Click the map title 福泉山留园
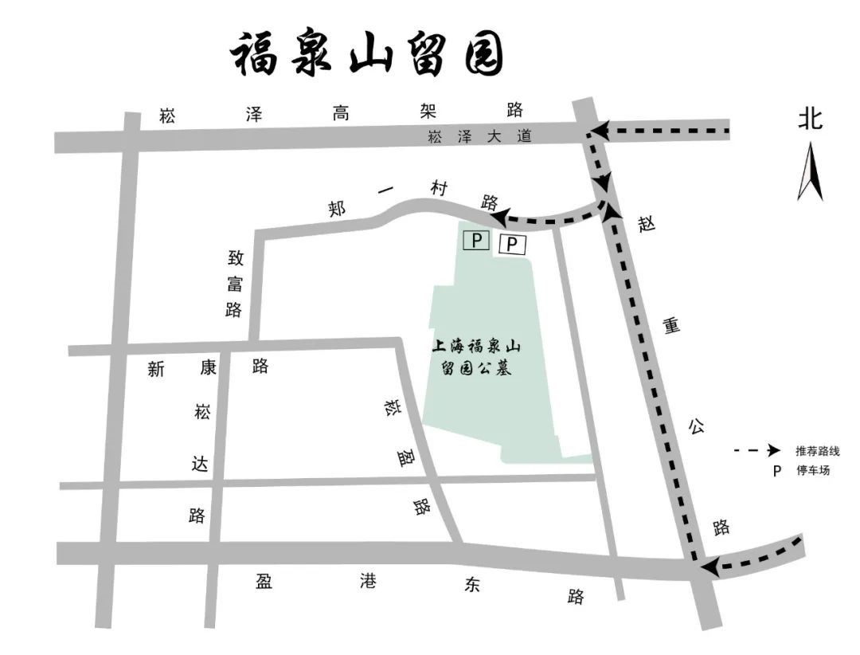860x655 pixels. (x=367, y=54)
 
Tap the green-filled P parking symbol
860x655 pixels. (x=475, y=240)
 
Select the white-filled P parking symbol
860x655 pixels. (x=512, y=244)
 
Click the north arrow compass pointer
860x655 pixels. (x=810, y=171)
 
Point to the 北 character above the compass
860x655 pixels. (x=811, y=120)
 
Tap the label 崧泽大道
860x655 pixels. (x=479, y=136)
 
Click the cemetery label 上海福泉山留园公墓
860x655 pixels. (x=475, y=358)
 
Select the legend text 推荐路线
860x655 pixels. (x=818, y=451)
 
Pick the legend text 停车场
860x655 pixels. (x=812, y=470)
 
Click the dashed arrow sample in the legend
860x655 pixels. (x=756, y=451)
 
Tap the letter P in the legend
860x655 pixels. (x=776, y=470)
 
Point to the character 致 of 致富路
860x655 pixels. (x=235, y=258)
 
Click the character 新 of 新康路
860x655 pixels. (x=155, y=369)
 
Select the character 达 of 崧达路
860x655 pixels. (x=200, y=464)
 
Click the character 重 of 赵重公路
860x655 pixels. (x=670, y=326)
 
